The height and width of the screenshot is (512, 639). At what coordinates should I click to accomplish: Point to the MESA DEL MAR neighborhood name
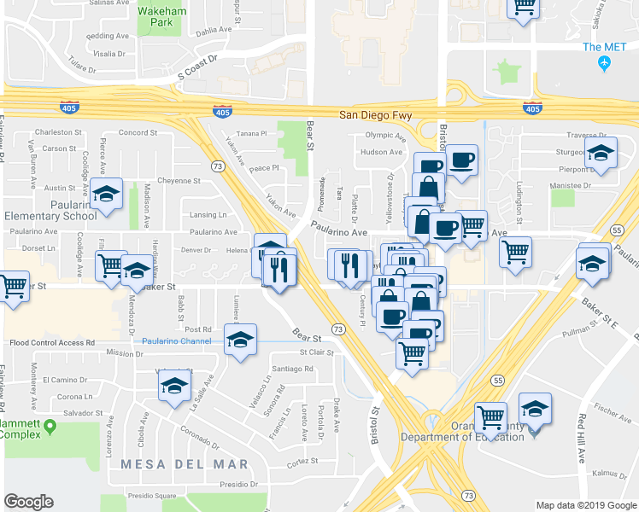[184, 464]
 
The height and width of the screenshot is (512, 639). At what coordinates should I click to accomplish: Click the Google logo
[28, 502]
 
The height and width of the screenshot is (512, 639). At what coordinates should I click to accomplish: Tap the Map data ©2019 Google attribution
[585, 505]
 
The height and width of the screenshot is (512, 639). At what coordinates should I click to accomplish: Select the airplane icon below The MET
[606, 64]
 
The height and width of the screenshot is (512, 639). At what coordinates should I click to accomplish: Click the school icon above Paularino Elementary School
[107, 195]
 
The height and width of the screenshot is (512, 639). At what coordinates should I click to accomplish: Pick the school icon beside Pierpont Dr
[601, 154]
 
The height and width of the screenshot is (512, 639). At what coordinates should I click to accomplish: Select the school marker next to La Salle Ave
[175, 386]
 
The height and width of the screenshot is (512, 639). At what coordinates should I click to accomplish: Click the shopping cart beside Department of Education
[490, 417]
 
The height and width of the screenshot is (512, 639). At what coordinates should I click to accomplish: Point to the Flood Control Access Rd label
[53, 343]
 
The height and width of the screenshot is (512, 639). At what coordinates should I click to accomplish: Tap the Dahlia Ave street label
[214, 30]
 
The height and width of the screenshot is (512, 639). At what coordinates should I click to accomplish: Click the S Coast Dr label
[198, 69]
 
